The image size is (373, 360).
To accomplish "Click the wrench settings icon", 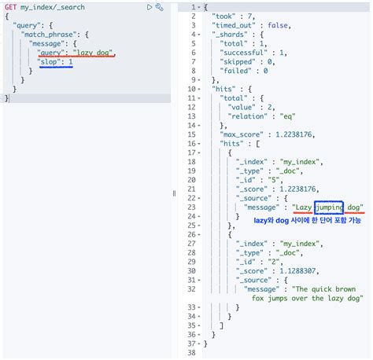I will [x=160, y=7].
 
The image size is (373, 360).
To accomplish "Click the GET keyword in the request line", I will [x=11, y=7].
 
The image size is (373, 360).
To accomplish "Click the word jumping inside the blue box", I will [x=329, y=208].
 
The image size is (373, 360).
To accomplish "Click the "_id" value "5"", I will [x=279, y=179].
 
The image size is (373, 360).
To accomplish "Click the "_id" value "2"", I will [x=279, y=252].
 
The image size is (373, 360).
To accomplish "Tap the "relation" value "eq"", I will [x=288, y=116].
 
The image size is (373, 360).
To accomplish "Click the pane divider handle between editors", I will [x=174, y=193].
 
